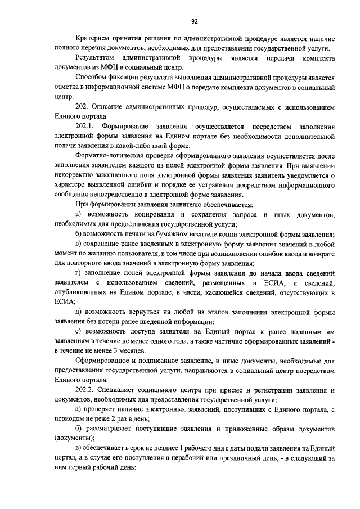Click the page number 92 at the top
194,22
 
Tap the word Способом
91,77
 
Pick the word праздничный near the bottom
221,458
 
